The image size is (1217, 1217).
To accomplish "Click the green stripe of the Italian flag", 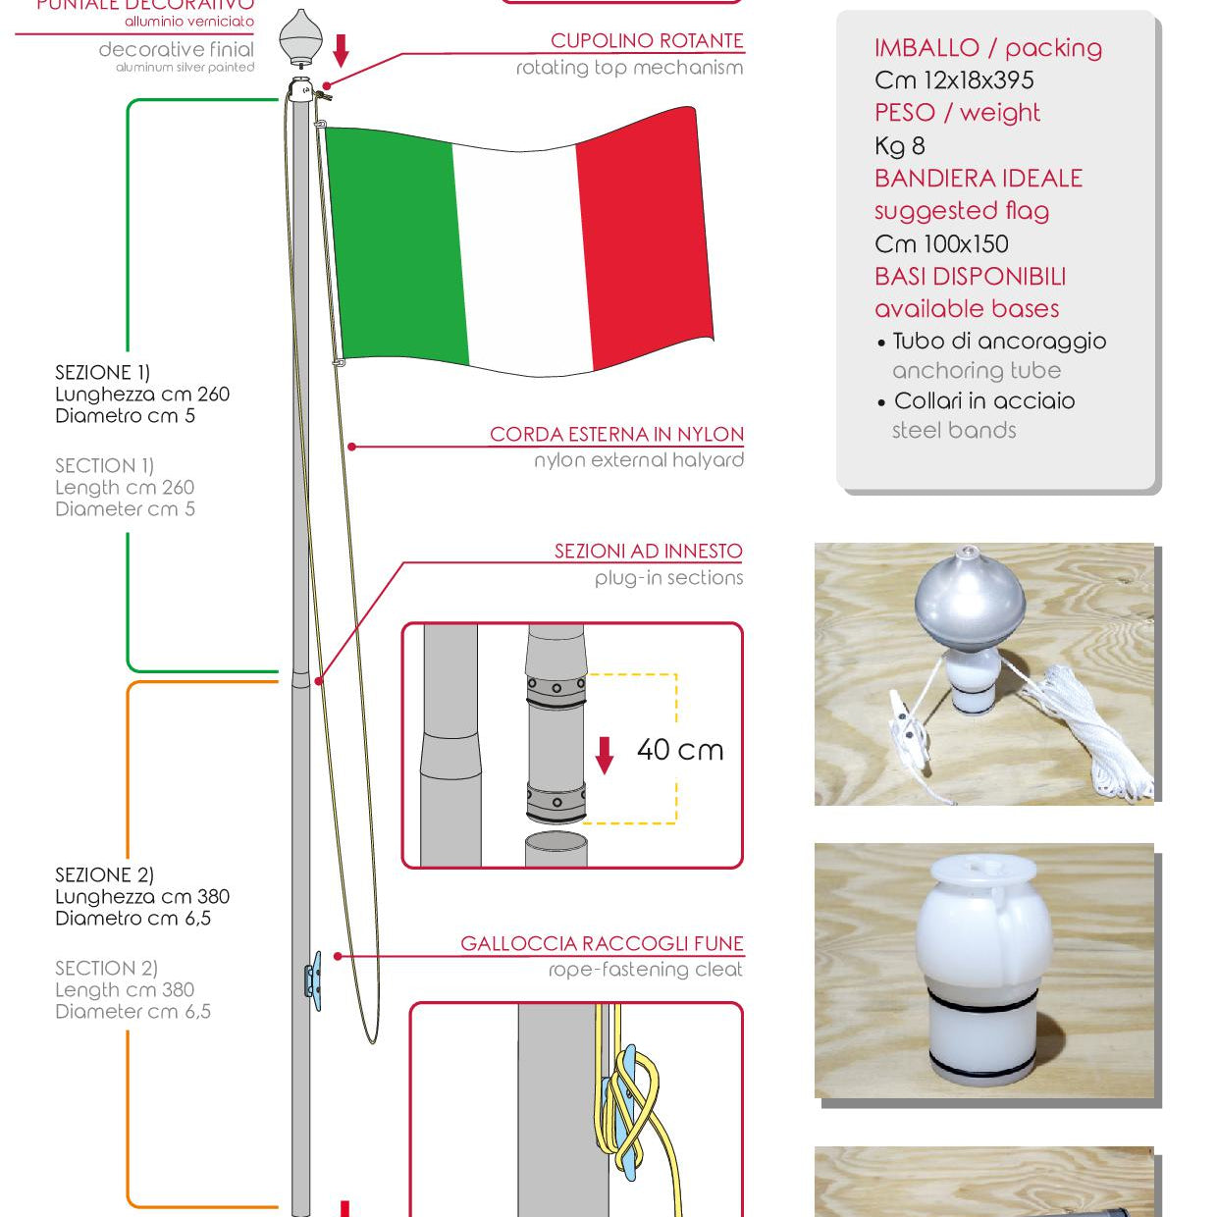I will [x=393, y=245].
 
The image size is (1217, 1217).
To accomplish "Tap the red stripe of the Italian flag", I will [x=643, y=240].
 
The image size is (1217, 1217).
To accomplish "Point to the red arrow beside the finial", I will [x=341, y=49].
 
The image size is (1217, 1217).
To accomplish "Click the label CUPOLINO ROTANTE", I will [x=647, y=41].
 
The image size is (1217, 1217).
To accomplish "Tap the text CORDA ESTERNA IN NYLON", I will [x=616, y=434].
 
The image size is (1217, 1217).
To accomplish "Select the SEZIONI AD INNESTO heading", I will [x=648, y=552].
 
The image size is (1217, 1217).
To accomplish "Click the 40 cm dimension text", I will [x=680, y=750].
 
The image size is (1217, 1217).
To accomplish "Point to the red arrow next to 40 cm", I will [x=605, y=755].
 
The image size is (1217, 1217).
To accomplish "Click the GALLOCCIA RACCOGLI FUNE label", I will [x=602, y=944].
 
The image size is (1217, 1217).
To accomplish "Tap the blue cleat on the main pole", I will [x=313, y=979].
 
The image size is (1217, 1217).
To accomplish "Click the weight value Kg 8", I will [x=900, y=146].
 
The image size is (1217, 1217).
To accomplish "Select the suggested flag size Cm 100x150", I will [x=941, y=243].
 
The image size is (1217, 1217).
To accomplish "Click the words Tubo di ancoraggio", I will [x=999, y=342].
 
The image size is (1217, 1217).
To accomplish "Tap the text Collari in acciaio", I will [x=984, y=401].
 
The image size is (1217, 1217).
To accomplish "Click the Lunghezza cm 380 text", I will [x=142, y=896].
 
